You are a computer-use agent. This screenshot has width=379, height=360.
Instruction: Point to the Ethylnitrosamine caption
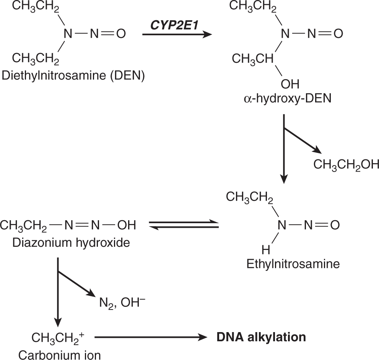[293, 264]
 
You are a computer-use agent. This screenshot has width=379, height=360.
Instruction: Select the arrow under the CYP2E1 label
[177, 34]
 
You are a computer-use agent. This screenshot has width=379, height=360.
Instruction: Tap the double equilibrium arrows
[184, 225]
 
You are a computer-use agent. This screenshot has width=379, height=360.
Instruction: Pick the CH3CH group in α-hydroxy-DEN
[252, 59]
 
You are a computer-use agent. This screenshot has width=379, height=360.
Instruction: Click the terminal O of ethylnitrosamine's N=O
[335, 225]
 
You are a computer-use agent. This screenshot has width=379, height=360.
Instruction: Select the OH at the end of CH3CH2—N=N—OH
[126, 225]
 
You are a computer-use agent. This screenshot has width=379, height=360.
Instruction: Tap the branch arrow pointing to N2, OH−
[76, 283]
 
